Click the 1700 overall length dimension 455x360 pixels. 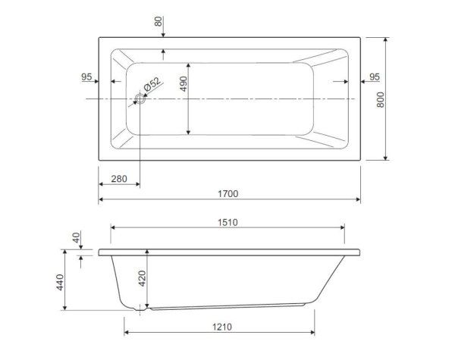(x=228, y=194)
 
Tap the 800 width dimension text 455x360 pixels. (x=380, y=100)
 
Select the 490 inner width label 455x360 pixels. (x=184, y=84)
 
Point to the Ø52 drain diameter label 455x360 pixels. (x=152, y=84)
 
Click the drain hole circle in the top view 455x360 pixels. (x=140, y=99)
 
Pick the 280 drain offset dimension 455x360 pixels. (x=119, y=179)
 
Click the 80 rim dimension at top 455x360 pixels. (x=158, y=21)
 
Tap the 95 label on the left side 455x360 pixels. (x=86, y=77)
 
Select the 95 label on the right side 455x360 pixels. (x=375, y=77)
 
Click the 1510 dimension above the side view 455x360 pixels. (x=227, y=223)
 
